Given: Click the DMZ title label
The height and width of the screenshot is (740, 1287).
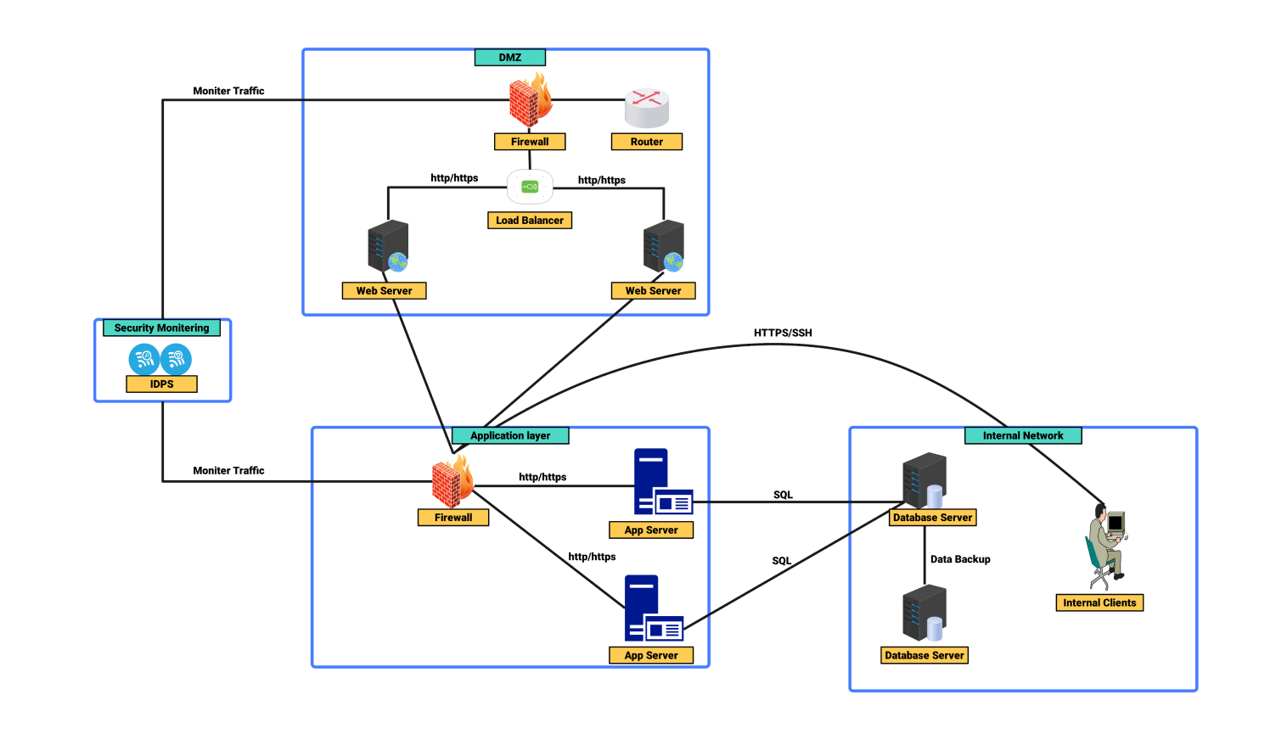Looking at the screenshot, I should (509, 58).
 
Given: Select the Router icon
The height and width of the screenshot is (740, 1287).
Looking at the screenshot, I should (647, 108).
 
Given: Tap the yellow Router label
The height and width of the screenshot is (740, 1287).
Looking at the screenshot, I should (647, 142).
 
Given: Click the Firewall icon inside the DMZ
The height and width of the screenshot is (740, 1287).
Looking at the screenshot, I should (530, 101).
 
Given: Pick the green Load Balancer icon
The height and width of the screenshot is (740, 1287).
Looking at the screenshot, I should (530, 187).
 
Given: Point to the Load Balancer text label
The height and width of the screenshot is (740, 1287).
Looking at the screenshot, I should (530, 221).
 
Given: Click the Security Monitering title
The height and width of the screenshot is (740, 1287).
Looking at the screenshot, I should (161, 328).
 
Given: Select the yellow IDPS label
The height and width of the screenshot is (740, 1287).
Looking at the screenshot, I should (161, 384).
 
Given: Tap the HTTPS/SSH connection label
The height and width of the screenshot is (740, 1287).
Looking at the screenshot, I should (783, 333).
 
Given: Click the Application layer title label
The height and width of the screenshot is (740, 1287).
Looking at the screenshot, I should (509, 436).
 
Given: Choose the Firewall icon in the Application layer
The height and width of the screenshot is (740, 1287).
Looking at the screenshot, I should (452, 481).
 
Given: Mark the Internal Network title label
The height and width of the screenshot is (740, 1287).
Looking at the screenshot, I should (1023, 436).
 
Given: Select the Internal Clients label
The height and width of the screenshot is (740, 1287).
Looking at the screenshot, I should (1099, 603).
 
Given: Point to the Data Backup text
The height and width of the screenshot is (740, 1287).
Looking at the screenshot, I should (960, 559).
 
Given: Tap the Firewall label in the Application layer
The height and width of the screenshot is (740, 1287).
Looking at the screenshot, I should (453, 518).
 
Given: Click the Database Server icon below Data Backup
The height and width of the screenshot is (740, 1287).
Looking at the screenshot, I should (925, 614).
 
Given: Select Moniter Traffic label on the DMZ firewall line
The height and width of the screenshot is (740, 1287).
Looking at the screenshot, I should (228, 91).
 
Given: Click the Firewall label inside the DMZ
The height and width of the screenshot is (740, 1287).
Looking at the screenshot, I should (530, 142).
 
